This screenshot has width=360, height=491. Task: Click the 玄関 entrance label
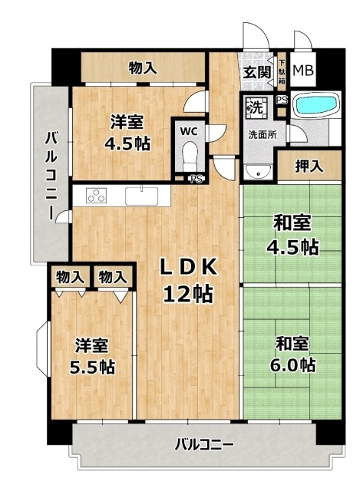click(x=257, y=73)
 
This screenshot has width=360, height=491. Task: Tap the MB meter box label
click(x=303, y=71)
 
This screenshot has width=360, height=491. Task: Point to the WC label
click(x=189, y=130)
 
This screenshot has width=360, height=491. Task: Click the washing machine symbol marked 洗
click(x=257, y=107)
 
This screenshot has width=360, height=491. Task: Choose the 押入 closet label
click(x=309, y=166)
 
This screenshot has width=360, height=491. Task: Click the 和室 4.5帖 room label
click(x=297, y=235)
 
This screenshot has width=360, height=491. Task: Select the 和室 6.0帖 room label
click(x=294, y=354)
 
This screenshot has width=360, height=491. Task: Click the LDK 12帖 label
click(x=187, y=279)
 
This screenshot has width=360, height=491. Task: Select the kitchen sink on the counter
click(x=142, y=196)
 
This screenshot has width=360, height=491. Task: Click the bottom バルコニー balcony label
click(x=204, y=444)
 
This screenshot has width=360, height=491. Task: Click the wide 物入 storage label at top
click(x=144, y=68)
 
